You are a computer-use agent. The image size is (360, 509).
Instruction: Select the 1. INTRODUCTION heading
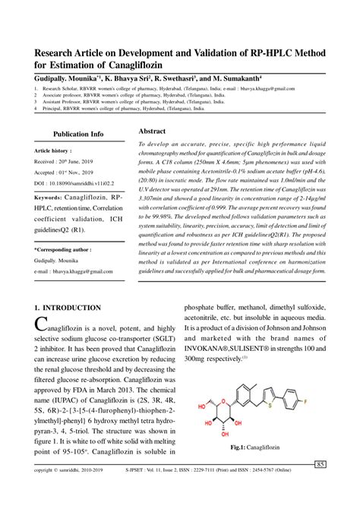[68, 308]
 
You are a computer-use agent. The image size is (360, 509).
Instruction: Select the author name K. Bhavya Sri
[126, 78]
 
